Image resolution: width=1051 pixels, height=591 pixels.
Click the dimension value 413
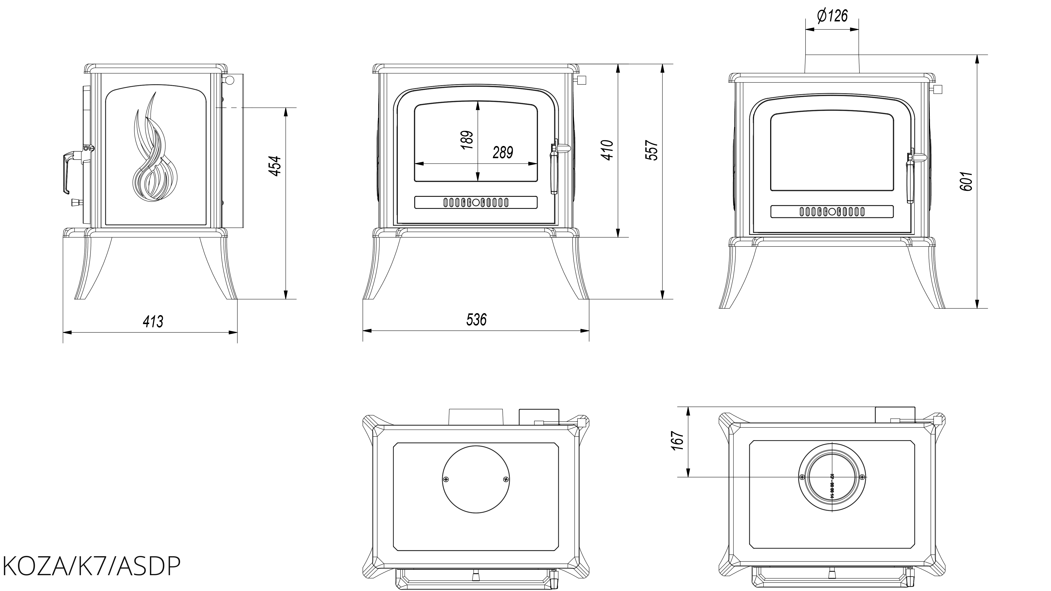(x=153, y=322)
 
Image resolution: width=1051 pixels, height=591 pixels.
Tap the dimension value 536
(x=476, y=320)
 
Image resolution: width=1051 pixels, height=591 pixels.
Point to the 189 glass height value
(x=468, y=140)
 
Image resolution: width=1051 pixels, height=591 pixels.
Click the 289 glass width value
(x=503, y=153)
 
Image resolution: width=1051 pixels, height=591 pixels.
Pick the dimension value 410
(x=608, y=150)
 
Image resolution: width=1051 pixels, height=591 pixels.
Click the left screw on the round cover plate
(x=446, y=479)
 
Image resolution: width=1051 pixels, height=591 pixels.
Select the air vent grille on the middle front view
(x=476, y=202)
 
